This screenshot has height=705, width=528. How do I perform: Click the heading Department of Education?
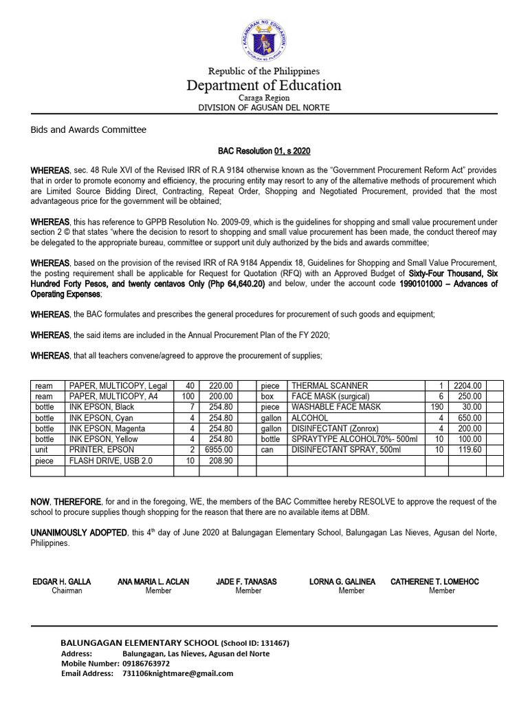[x=264, y=85]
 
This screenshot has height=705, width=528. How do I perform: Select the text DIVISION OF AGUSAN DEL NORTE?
[x=264, y=108]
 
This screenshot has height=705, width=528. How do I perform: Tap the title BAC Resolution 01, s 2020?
[x=264, y=150]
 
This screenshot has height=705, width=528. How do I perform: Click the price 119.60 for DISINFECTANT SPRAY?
[x=468, y=449]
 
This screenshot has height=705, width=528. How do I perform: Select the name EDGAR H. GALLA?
[x=62, y=582]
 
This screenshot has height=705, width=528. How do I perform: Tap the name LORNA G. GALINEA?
[x=342, y=582]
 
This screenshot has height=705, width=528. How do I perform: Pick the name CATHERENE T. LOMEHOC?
[x=435, y=582]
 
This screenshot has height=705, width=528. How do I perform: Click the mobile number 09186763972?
[x=146, y=664]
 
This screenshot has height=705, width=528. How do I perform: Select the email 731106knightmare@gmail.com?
[x=177, y=674]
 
